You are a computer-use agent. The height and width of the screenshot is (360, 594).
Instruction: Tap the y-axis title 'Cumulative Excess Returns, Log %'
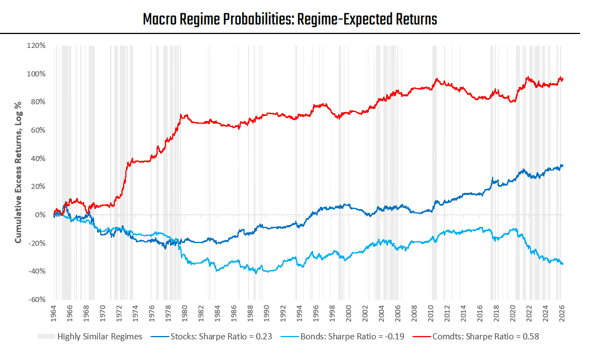click(18, 172)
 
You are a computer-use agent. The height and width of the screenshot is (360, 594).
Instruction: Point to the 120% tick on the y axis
click(36, 46)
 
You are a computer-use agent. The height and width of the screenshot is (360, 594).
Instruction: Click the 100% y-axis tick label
click(36, 74)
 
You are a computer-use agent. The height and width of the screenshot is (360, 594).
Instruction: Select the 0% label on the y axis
click(40, 215)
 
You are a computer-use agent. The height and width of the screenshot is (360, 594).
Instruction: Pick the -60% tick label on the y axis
click(37, 299)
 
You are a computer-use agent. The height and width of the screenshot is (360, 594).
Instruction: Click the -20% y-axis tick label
click(37, 243)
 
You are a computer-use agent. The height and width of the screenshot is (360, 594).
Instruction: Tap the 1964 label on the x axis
click(53, 313)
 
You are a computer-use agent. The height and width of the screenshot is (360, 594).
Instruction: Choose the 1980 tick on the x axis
click(184, 313)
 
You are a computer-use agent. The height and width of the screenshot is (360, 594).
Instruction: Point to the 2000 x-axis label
click(348, 313)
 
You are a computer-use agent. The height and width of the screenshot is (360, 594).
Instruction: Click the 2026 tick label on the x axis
click(562, 313)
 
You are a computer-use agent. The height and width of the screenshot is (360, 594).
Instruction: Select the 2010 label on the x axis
click(431, 313)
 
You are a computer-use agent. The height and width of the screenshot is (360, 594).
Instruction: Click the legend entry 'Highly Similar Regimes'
click(90, 337)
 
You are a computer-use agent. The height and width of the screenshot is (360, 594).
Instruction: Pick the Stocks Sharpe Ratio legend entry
click(211, 337)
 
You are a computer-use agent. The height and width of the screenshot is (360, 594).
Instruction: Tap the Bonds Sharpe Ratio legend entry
click(343, 337)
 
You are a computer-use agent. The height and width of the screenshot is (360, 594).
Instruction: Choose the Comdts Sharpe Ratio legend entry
click(476, 337)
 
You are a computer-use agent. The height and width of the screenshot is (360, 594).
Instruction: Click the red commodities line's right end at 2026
click(563, 79)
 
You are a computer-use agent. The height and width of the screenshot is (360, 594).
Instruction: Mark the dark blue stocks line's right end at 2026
click(563, 165)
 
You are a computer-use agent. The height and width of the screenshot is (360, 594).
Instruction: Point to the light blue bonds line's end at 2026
click(563, 264)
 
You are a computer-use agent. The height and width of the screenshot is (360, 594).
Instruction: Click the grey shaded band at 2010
click(434, 172)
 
